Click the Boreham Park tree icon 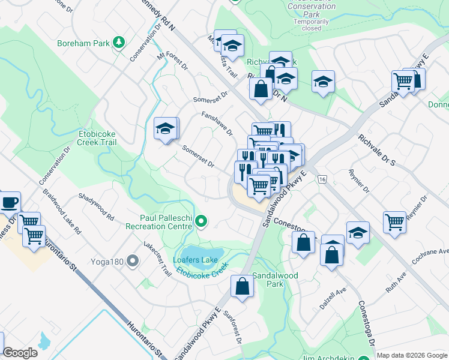(119, 42)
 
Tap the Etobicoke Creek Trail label (97, 138)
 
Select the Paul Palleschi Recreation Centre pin (202, 223)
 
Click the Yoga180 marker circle (133, 261)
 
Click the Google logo (20, 353)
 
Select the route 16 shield (322, 179)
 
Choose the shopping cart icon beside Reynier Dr (394, 221)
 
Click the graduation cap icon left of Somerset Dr (165, 128)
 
